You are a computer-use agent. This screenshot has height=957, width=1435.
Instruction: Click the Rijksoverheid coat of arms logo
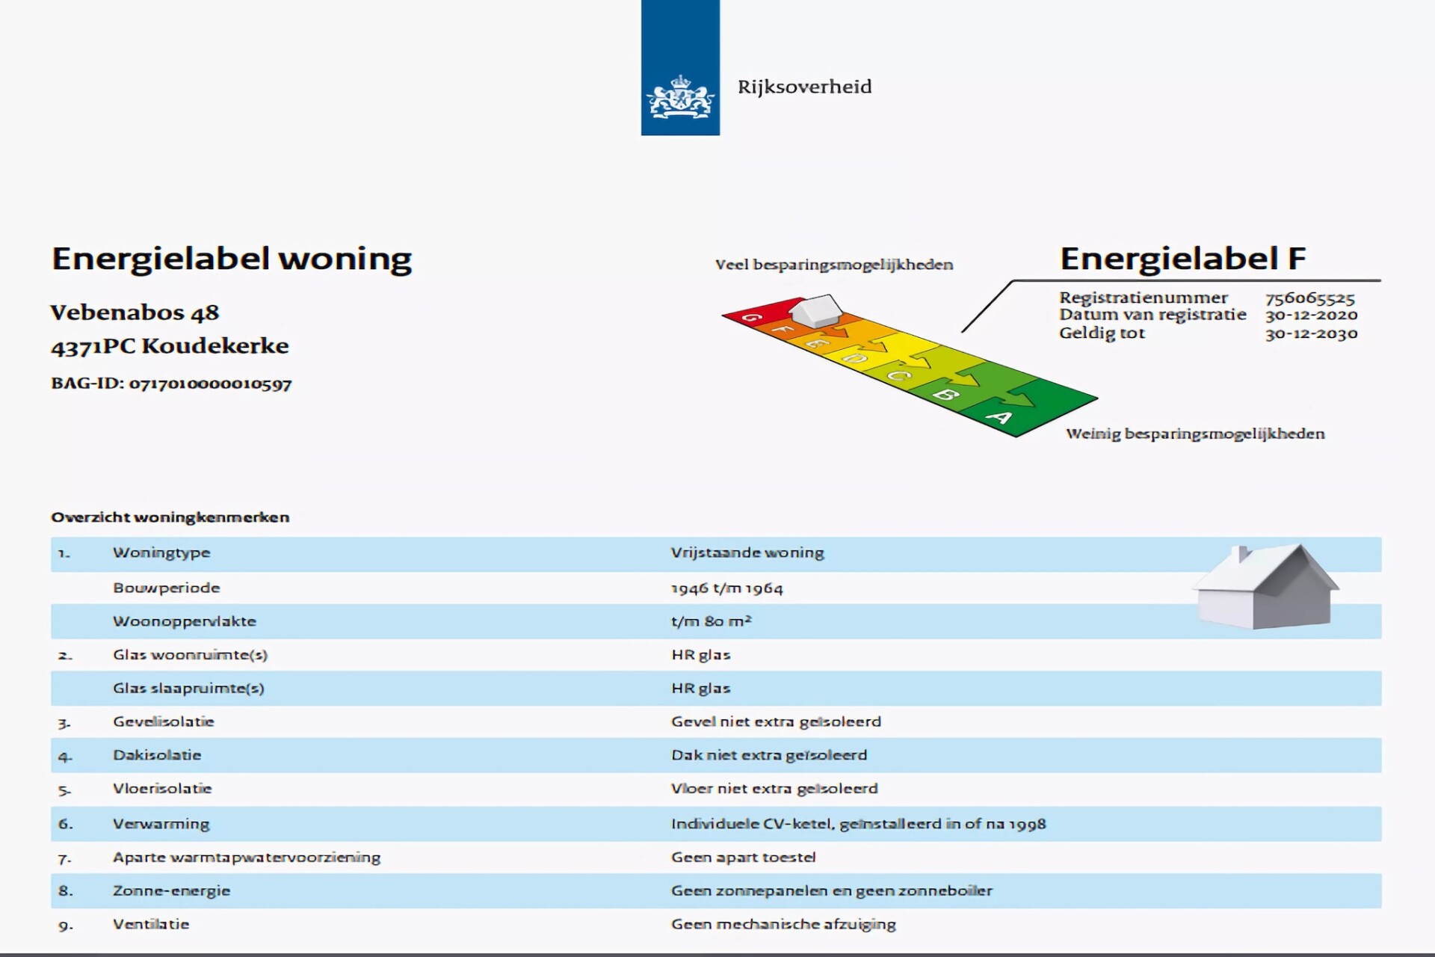click(x=680, y=96)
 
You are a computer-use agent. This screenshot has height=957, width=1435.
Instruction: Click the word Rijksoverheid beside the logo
click(x=804, y=87)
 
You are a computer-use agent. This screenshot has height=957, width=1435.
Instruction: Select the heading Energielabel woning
click(x=232, y=259)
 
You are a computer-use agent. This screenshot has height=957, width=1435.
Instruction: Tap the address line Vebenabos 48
click(x=135, y=313)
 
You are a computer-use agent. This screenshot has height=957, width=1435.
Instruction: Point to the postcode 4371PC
click(x=93, y=346)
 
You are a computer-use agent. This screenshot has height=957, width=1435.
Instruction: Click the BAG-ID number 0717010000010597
click(x=210, y=384)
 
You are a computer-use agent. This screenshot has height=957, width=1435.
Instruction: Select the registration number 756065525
click(x=1309, y=298)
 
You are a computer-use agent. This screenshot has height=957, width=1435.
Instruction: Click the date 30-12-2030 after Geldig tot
click(x=1311, y=334)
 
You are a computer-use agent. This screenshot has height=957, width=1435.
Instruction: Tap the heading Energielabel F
click(x=1182, y=259)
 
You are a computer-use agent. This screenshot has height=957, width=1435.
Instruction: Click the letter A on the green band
click(x=999, y=417)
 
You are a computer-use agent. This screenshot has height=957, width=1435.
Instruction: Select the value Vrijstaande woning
click(x=747, y=553)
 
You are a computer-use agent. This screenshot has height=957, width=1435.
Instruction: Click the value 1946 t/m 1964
click(x=726, y=588)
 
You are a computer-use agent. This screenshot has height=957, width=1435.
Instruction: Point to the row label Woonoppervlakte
click(x=185, y=621)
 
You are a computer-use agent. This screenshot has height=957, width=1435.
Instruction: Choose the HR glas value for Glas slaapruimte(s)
click(x=700, y=689)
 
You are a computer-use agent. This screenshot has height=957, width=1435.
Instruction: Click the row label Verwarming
click(x=161, y=824)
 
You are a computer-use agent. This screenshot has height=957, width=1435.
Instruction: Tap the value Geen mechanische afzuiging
click(x=783, y=925)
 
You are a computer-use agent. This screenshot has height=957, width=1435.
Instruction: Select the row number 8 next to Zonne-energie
click(x=66, y=891)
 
